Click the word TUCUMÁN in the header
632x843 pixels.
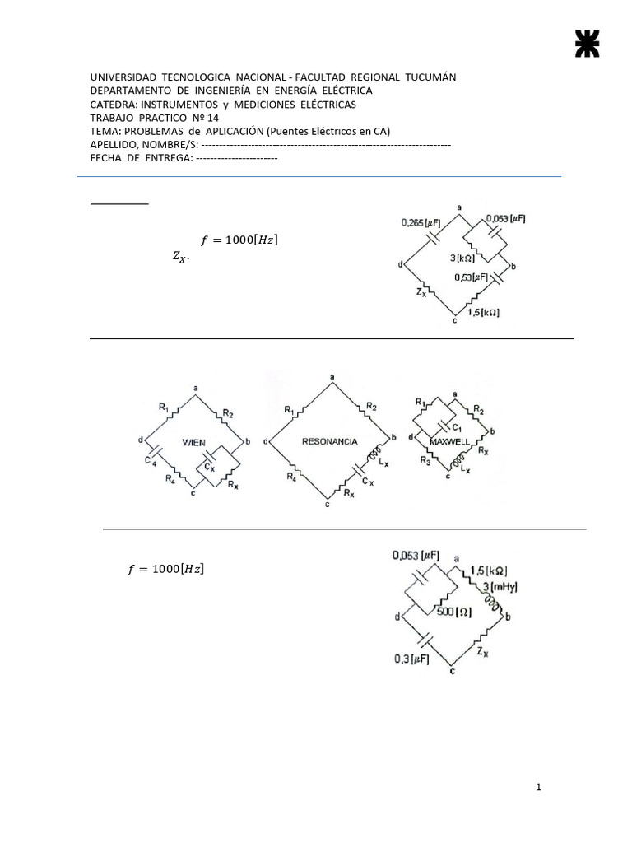[x=429, y=77]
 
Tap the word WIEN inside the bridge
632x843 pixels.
[x=194, y=442]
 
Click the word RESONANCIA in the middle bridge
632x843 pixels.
[x=330, y=442]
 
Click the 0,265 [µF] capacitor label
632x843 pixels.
[x=419, y=222]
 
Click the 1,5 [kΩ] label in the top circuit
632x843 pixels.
[x=484, y=313]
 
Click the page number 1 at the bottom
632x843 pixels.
[x=538, y=788]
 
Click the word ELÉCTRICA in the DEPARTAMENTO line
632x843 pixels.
[x=343, y=91]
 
